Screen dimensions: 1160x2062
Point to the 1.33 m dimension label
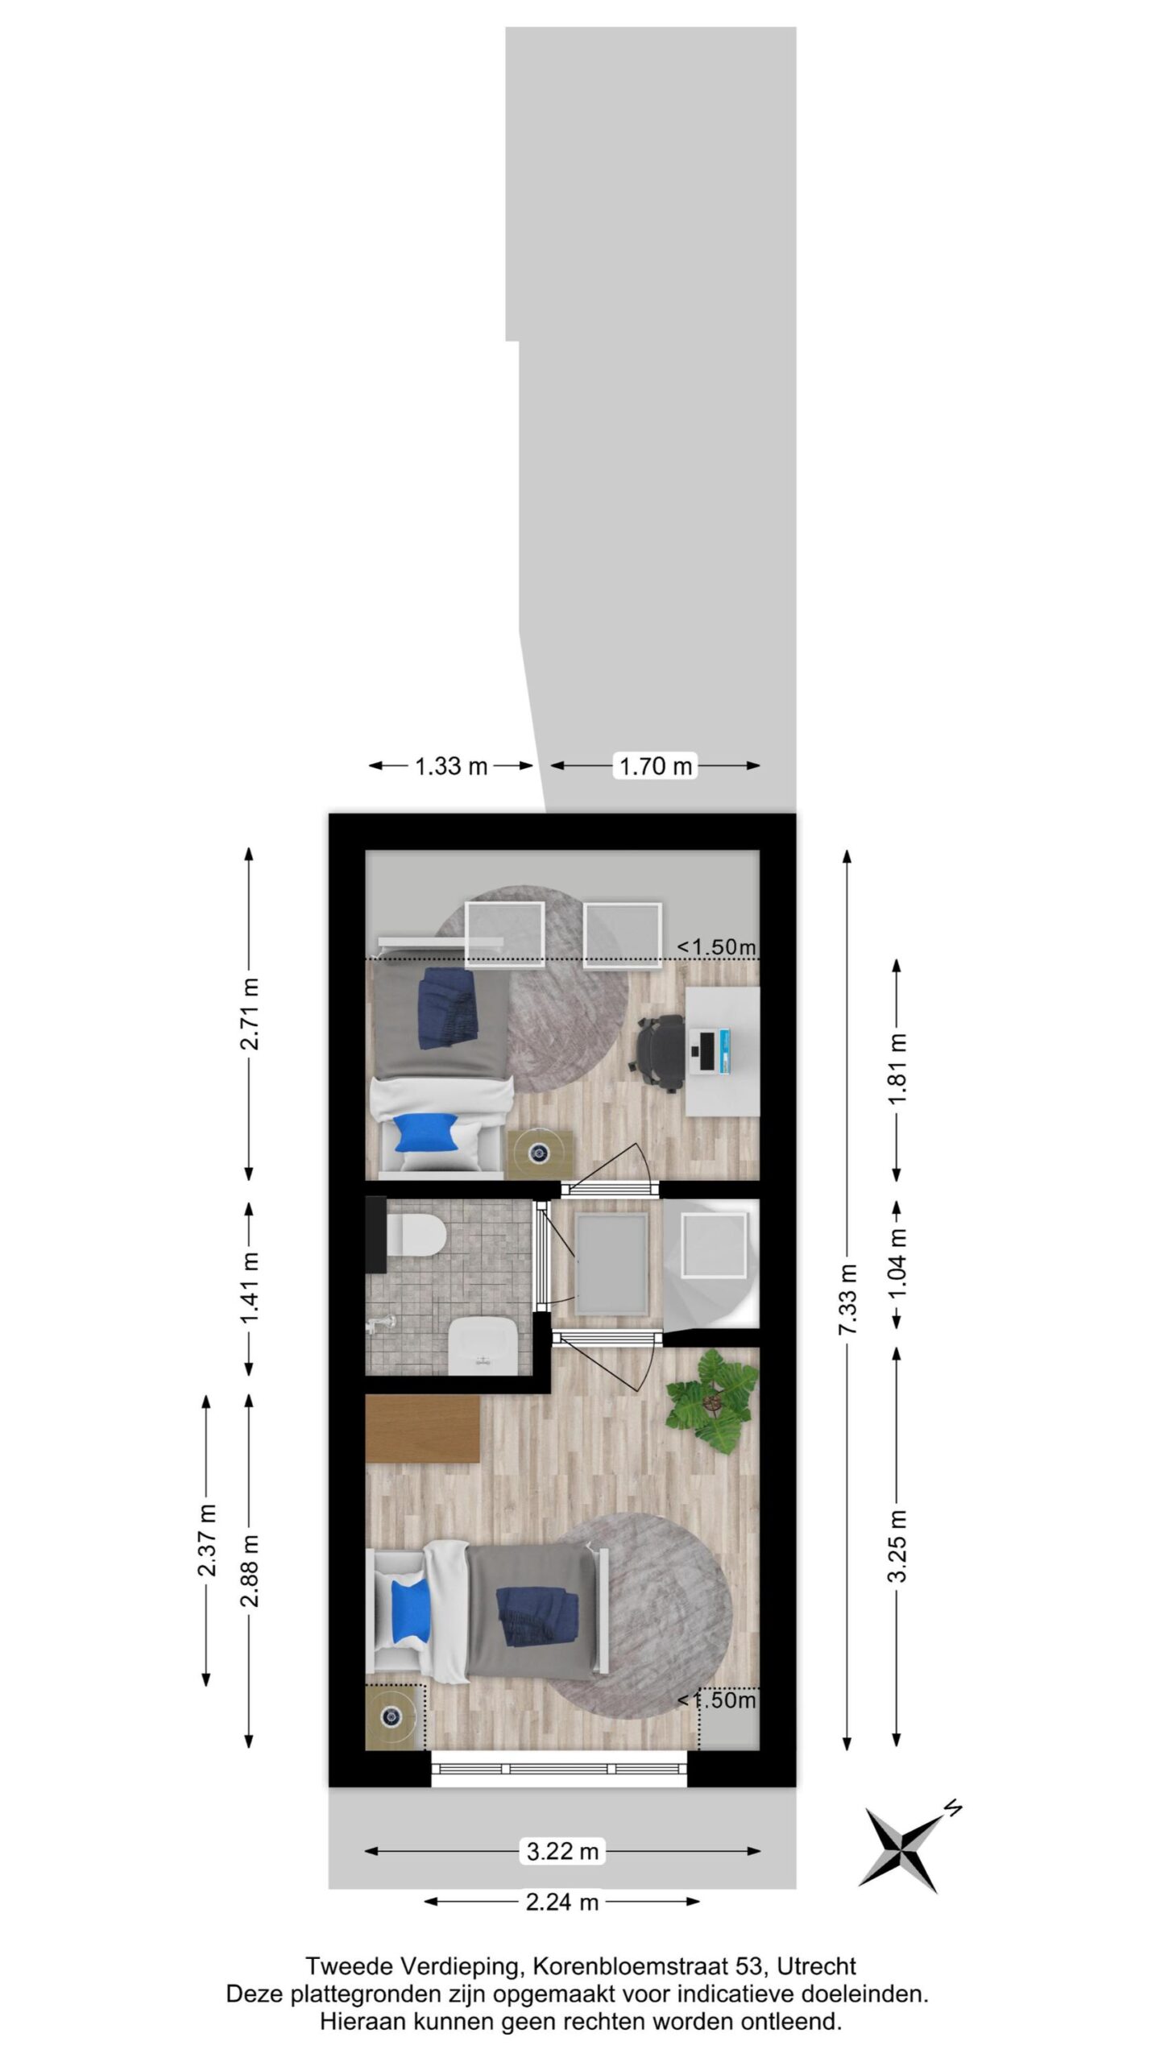451,765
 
